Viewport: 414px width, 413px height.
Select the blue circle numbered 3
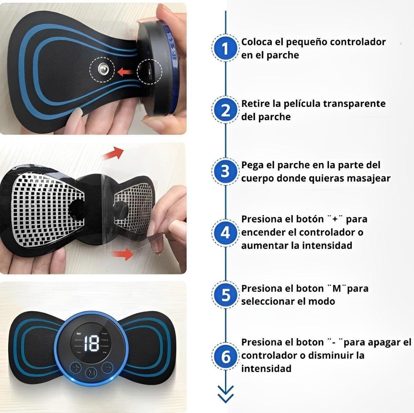click(225, 171)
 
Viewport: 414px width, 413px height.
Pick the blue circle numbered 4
click(225, 233)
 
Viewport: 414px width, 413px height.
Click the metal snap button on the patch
click(102, 69)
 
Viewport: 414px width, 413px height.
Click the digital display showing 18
click(91, 343)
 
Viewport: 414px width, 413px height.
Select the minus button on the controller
click(107, 367)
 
